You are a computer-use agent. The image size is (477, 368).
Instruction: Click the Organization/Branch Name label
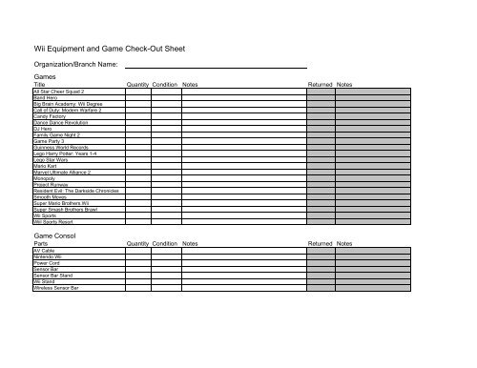pyautogui.click(x=75, y=64)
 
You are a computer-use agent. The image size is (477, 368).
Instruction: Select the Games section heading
pyautogui.click(x=45, y=76)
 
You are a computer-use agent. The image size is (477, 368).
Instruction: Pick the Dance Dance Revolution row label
pyautogui.click(x=61, y=123)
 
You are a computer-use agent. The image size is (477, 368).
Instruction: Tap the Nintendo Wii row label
pyautogui.click(x=48, y=256)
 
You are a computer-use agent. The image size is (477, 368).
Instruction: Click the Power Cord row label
pyautogui.click(x=47, y=262)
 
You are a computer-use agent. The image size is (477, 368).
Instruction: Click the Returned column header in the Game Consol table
pyautogui.click(x=320, y=242)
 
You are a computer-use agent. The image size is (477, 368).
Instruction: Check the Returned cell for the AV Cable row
pyautogui.click(x=320, y=249)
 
